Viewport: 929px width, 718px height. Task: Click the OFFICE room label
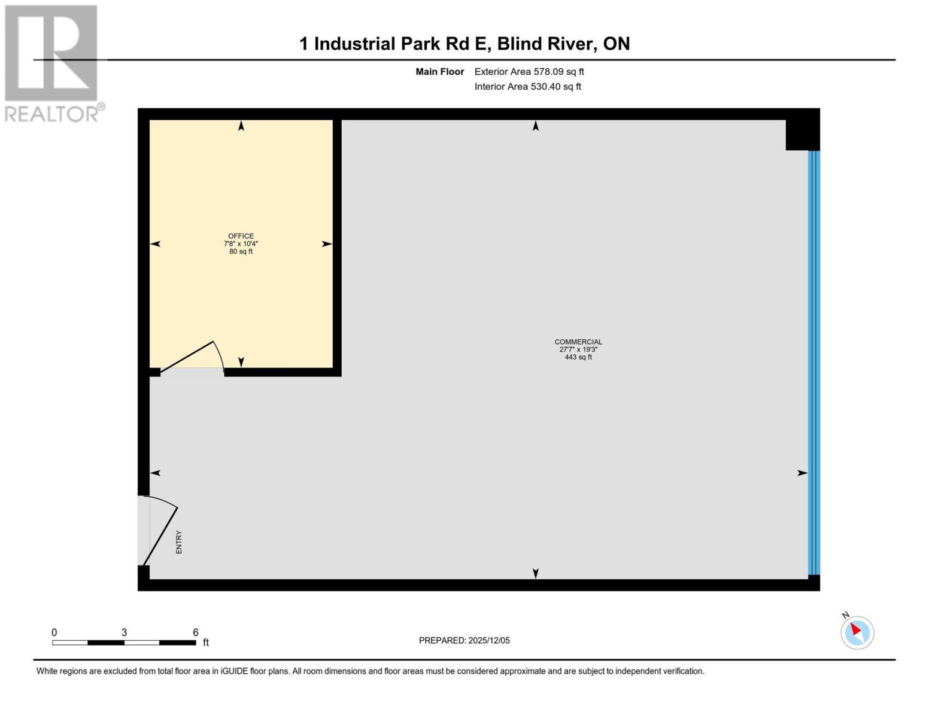coord(241,236)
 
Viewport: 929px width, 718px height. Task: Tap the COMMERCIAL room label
coord(578,342)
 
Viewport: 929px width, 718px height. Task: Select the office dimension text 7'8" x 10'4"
coord(241,244)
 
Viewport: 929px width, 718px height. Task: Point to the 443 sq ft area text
coord(578,357)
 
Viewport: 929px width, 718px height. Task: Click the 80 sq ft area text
coord(241,251)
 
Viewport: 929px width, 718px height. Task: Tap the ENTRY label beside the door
coord(178,542)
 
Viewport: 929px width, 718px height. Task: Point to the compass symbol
coord(857,632)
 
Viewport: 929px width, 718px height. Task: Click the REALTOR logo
coord(52,63)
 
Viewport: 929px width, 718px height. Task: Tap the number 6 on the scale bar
coord(196,632)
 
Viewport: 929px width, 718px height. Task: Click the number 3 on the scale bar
coord(124,632)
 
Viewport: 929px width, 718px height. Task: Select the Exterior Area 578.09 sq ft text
coord(529,72)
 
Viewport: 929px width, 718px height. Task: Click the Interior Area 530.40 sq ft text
coord(527,87)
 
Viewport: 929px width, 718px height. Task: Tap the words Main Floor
coord(439,72)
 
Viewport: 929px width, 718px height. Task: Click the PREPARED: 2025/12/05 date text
coord(464,640)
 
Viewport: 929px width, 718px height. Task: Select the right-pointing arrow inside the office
coord(327,244)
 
